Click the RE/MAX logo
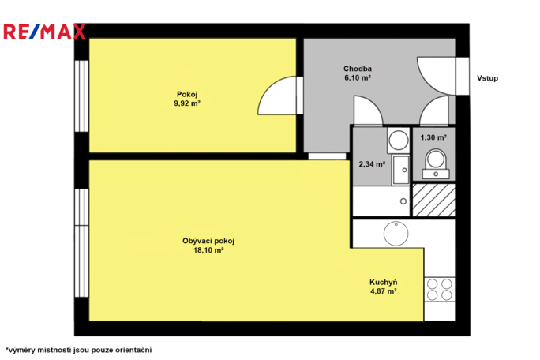tap(44, 32)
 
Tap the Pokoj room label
tap(187, 95)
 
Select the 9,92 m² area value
tap(187, 103)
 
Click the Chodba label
tap(358, 69)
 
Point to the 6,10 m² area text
tap(358, 77)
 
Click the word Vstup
tap(487, 78)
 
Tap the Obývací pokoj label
tap(208, 241)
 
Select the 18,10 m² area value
tap(208, 250)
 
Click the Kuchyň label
tap(384, 282)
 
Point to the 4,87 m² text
tap(384, 291)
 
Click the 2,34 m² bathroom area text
tap(372, 164)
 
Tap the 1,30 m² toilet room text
tap(433, 138)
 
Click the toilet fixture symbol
tap(436, 164)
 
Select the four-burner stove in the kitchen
tap(440, 290)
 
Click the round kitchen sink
tap(396, 234)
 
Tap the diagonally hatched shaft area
tap(434, 201)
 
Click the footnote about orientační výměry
tap(78, 350)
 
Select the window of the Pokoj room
tap(81, 96)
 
